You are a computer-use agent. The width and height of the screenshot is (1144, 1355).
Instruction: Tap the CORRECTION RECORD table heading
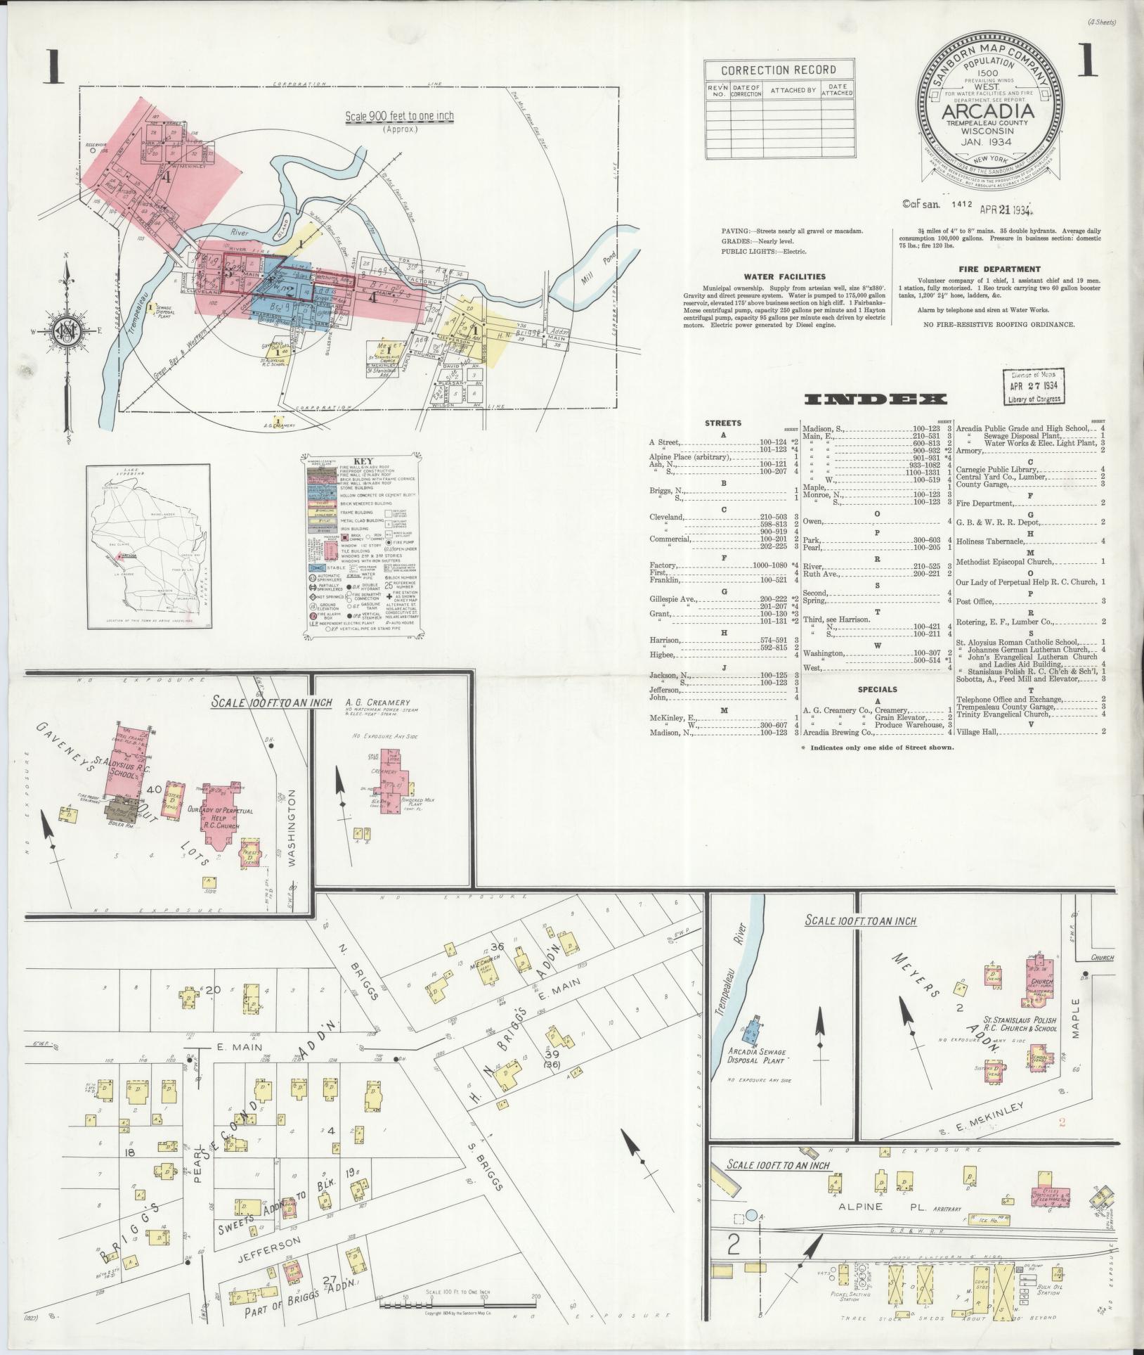779,70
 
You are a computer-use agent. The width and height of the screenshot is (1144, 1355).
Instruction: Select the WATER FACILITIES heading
786,276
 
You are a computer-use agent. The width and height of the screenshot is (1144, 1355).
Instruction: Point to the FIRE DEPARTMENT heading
999,269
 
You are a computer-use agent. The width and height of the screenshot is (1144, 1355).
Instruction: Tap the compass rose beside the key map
67,331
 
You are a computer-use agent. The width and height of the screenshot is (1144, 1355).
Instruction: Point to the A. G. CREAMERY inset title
377,702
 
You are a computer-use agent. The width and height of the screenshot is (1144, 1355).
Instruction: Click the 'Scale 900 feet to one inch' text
399,116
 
